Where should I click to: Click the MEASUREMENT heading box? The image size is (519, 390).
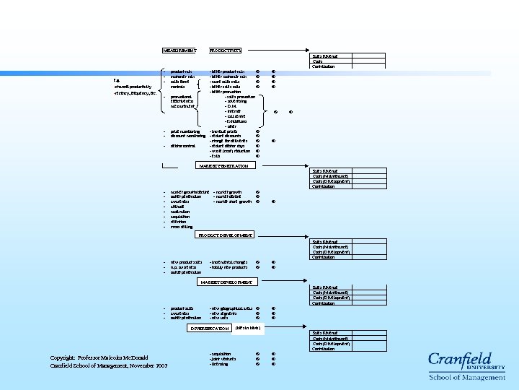179,51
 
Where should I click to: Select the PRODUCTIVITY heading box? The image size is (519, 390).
224,51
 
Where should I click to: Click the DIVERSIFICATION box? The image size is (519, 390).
208,328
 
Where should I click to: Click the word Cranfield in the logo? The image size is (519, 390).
461,361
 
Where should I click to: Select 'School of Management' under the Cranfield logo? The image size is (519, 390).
467,377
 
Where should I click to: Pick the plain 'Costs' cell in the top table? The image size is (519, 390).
318,61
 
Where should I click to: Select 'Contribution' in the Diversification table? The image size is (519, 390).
324,349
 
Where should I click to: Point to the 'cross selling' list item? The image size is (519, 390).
182,227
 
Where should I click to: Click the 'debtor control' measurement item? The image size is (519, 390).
183,146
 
